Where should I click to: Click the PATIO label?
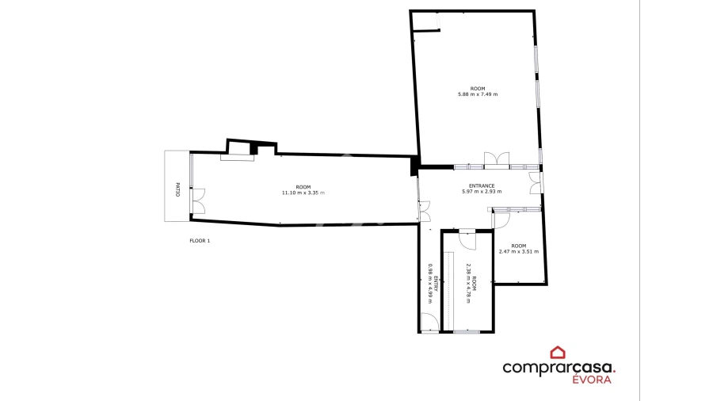tap(177, 189)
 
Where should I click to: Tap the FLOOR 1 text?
tap(200, 241)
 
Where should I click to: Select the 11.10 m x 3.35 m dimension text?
tap(303, 193)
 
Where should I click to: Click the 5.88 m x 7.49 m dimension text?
tap(478, 94)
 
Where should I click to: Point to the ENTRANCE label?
tap(482, 186)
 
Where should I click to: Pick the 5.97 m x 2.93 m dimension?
tap(482, 192)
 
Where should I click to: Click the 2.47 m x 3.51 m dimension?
tap(518, 252)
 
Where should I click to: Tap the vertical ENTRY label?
tap(436, 284)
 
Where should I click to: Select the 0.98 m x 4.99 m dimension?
tap(430, 284)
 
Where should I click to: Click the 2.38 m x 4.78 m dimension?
tap(468, 284)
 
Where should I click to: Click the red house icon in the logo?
tap(558, 353)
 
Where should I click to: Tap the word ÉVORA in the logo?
tap(592, 379)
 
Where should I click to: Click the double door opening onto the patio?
tap(198, 201)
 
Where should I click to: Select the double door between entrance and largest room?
tap(497, 161)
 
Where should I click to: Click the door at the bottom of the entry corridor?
tap(429, 323)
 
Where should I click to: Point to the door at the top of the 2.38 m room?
tap(467, 239)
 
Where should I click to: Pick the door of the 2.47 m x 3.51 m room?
tap(500, 220)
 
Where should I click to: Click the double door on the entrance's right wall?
tap(536, 183)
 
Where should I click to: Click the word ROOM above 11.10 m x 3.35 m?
tap(303, 187)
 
